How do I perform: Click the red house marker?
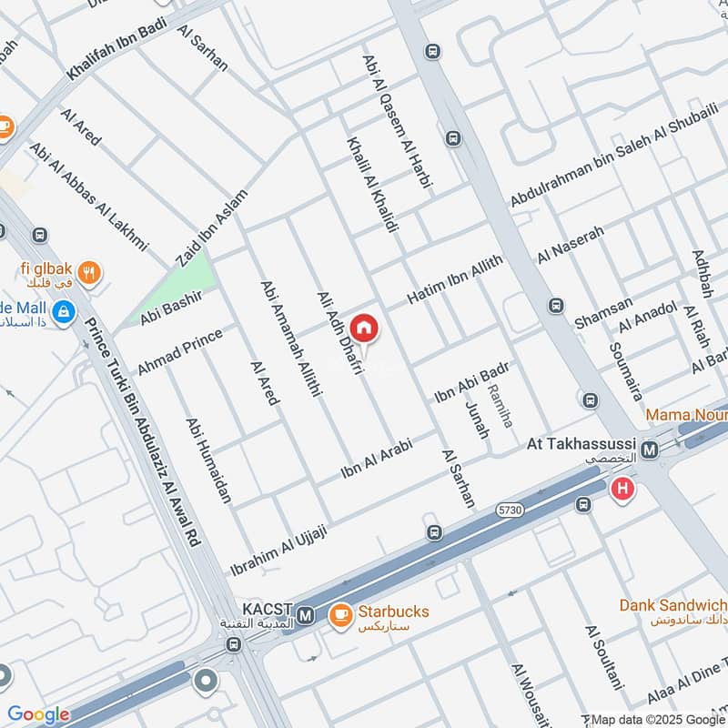pos(364,328)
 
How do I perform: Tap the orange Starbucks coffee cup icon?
pos(341,616)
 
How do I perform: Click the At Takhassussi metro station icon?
pos(650,450)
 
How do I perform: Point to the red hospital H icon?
pos(623,489)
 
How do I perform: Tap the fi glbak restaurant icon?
pos(88,270)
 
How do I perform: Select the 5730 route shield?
pos(511,512)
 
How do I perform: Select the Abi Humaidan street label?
pos(208,460)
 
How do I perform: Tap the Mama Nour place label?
pos(685,415)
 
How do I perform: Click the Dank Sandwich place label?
pos(672,605)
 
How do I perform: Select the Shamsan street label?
pos(603,316)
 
